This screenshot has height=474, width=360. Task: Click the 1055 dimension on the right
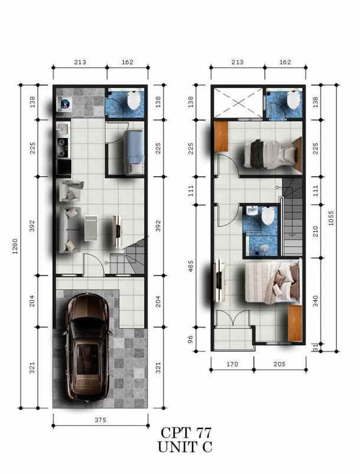click(x=348, y=218)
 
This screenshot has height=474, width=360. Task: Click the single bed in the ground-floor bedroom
click(x=134, y=151)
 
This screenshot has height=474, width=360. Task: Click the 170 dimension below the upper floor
click(x=233, y=364)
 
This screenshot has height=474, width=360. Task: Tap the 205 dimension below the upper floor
click(x=279, y=364)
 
